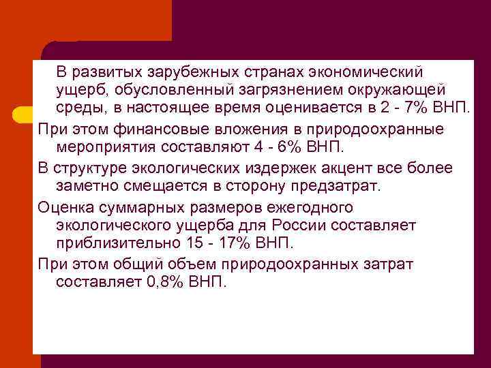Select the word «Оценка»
(66, 206)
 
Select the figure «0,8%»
(166, 281)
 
